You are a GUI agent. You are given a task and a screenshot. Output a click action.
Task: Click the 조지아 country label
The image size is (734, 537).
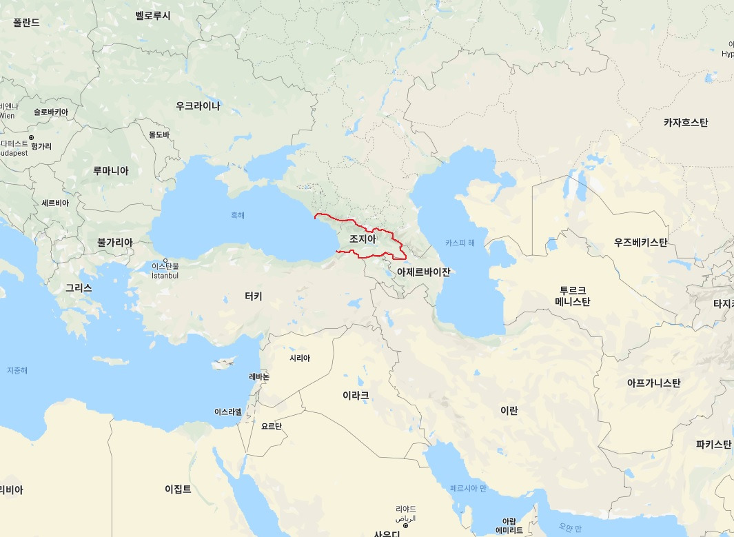click(363, 239)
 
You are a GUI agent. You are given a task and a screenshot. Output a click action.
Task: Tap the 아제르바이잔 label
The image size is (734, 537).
click(423, 272)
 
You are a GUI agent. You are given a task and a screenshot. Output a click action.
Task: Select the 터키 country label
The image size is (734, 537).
click(253, 296)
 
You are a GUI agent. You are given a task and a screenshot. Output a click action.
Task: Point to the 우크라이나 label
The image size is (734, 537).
click(198, 105)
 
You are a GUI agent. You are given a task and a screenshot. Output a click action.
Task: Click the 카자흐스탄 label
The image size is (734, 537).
click(685, 123)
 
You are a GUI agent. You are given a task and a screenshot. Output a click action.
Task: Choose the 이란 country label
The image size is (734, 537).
click(509, 410)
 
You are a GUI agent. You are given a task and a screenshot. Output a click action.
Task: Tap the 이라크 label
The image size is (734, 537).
click(356, 396)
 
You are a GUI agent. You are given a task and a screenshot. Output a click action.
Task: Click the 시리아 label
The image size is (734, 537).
click(300, 358)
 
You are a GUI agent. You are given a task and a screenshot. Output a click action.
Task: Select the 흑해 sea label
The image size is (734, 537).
click(237, 215)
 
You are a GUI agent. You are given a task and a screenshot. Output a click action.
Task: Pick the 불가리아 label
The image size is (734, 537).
click(114, 243)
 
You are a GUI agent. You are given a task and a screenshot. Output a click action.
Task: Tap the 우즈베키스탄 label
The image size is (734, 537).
click(640, 243)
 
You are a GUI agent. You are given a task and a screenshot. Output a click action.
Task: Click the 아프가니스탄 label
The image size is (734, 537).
click(653, 383)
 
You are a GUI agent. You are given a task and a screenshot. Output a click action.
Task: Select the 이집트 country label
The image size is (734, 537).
click(178, 489)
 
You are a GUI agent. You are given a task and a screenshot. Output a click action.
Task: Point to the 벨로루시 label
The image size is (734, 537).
click(153, 15)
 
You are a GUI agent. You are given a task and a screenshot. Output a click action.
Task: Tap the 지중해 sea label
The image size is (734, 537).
click(17, 370)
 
